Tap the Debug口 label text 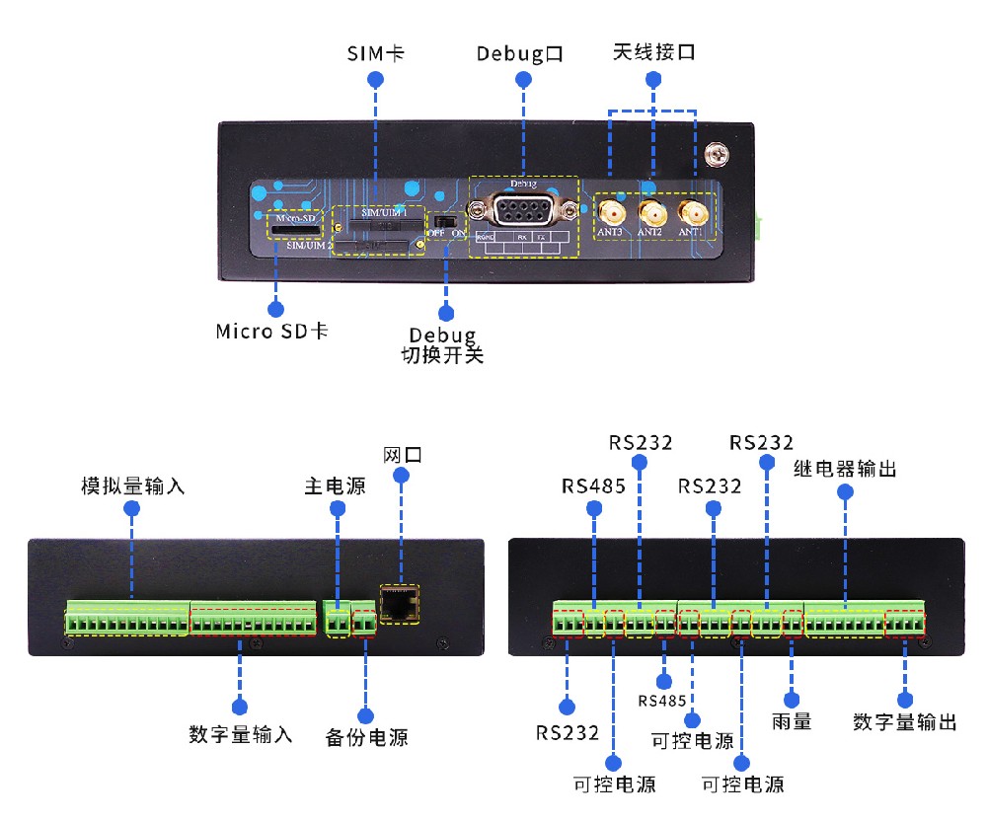pyautogui.click(x=520, y=52)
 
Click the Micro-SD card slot pyautogui.click(x=296, y=229)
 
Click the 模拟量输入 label pyautogui.click(x=133, y=486)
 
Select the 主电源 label pyautogui.click(x=335, y=486)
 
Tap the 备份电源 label pyautogui.click(x=366, y=737)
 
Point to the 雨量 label pyautogui.click(x=792, y=721)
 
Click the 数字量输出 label pyautogui.click(x=905, y=721)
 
